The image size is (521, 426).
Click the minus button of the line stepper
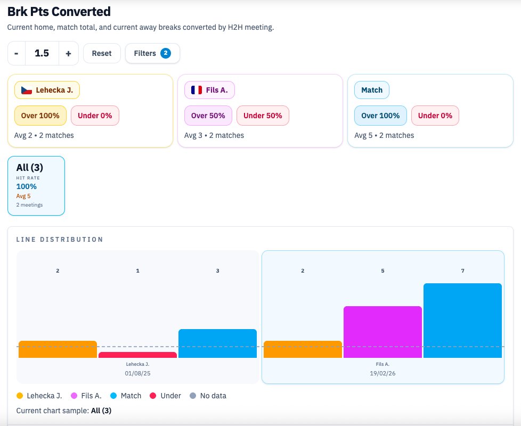coord(17,53)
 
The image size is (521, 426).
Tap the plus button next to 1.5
coord(68,53)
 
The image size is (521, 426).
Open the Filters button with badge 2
coord(152,53)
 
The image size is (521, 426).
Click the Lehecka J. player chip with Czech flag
coord(47,90)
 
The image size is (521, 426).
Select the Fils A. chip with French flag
coord(209,90)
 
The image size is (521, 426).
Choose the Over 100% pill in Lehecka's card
coord(40,115)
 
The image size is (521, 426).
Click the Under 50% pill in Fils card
coord(263,115)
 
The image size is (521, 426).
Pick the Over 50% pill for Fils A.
coord(208,115)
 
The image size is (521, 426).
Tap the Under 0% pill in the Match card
coord(435,115)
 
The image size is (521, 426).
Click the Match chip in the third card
coord(372,90)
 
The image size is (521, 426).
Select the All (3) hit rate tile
coord(36,185)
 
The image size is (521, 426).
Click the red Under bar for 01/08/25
coord(137,355)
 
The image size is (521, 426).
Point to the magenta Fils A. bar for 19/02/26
coord(382,332)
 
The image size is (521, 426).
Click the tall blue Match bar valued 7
coord(462,320)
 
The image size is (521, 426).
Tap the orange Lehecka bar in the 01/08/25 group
coord(58,349)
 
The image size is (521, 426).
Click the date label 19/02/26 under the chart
coord(382,374)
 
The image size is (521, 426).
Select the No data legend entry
coord(208,396)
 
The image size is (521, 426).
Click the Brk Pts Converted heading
coord(59,11)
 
